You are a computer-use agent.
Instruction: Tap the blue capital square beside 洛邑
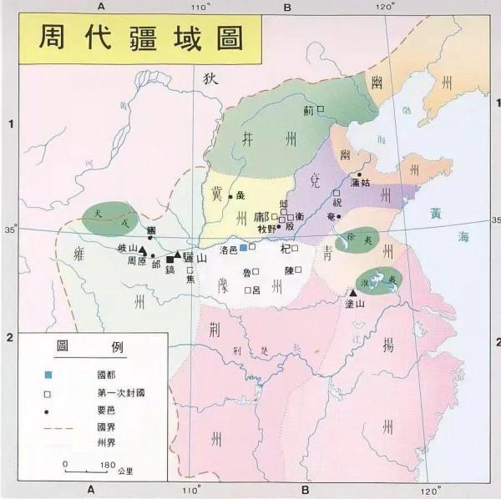tap(243, 248)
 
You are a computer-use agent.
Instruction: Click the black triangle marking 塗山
tap(352, 293)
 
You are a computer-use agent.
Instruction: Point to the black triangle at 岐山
tap(143, 249)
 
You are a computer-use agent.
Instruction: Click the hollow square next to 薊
tap(321, 108)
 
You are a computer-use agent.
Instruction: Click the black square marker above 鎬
tap(170, 260)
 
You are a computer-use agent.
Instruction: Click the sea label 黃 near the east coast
tap(434, 213)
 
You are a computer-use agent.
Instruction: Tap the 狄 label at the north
tap(209, 78)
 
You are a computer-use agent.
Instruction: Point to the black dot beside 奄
tap(340, 217)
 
